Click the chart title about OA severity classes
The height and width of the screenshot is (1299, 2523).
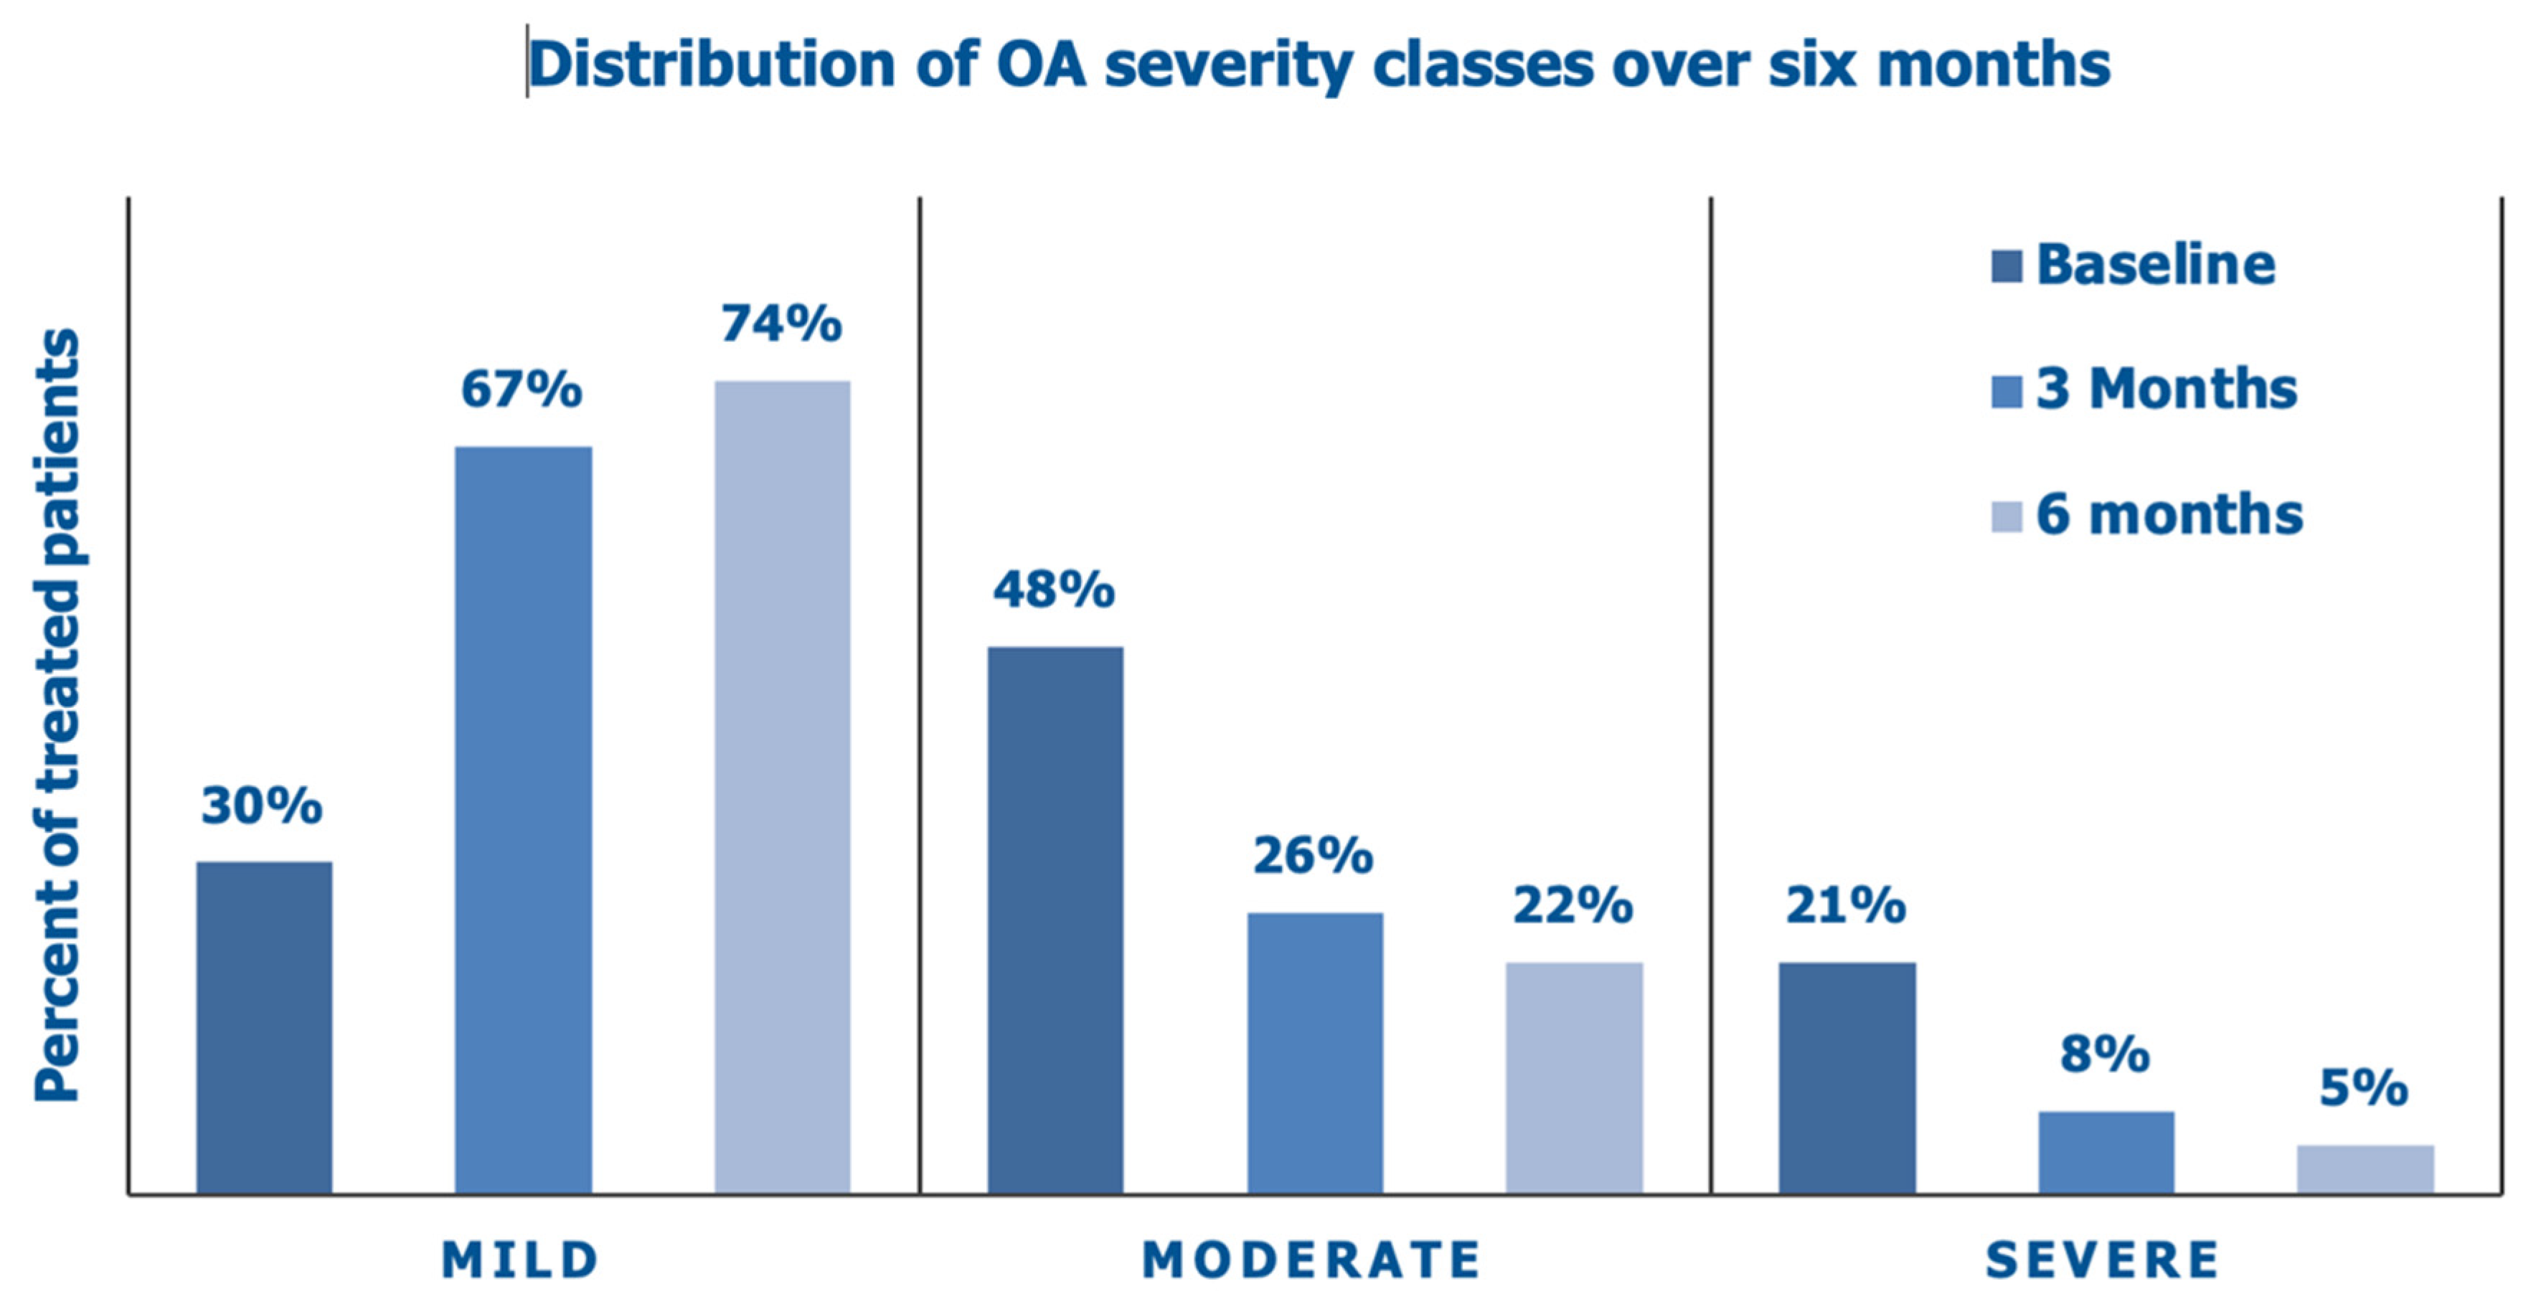[1319, 65]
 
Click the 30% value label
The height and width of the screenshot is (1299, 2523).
[262, 806]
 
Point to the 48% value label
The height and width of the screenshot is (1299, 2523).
[1054, 590]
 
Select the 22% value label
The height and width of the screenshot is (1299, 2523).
[1573, 905]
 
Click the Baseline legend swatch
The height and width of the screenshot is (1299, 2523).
[2006, 266]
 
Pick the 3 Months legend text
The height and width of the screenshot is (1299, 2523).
[2166, 389]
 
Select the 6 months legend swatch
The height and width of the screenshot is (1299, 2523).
[2006, 516]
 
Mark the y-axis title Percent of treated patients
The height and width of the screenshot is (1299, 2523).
[57, 715]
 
